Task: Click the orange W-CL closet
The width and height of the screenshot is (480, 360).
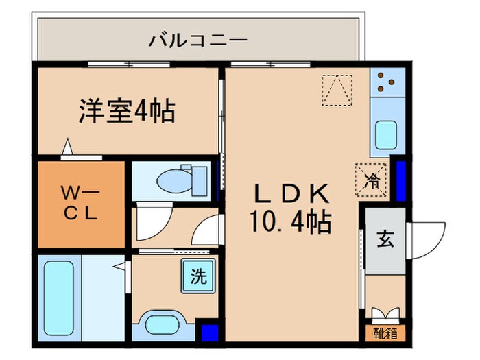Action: [x=82, y=204]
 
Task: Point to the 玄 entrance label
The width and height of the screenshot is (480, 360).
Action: [x=385, y=239]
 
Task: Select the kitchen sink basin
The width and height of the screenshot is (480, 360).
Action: [x=387, y=134]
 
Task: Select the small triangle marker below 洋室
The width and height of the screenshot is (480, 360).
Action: [x=67, y=147]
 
